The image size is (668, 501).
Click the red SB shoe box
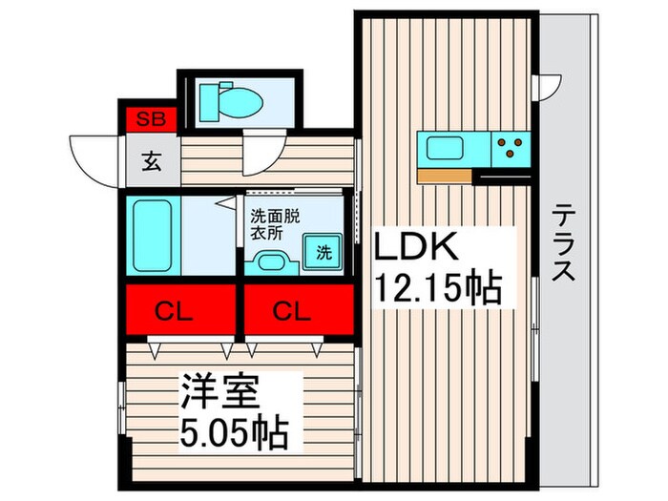click(x=148, y=118)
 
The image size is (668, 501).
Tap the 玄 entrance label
click(x=152, y=161)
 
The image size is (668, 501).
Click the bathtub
click(x=150, y=236)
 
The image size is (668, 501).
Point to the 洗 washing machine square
click(x=324, y=253)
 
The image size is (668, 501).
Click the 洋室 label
click(x=219, y=394)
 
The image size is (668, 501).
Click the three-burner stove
click(x=510, y=148)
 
